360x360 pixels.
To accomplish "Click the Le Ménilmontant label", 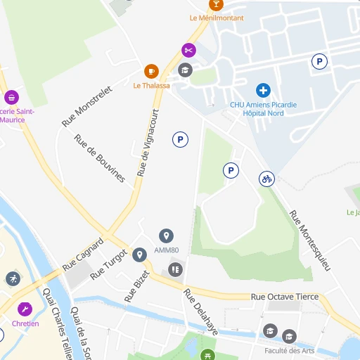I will pos(217,18).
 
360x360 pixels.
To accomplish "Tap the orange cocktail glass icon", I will pos(217,4).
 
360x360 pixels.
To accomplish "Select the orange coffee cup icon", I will pos(151,71).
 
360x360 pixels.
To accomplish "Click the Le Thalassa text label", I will pos(152,86).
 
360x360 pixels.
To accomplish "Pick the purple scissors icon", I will pos(188,50).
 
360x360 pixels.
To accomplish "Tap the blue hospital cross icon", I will pos(263,90).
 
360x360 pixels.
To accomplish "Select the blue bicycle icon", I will pos(266,179).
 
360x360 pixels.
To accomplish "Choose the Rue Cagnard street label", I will pos(83,255).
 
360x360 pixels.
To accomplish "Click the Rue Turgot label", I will pos(109,264).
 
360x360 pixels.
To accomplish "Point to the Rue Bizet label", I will pos(137,286).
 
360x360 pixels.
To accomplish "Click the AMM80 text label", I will pos(167,250).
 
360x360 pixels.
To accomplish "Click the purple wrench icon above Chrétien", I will pos(25,309).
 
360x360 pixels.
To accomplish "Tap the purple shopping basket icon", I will pos(11,97).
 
